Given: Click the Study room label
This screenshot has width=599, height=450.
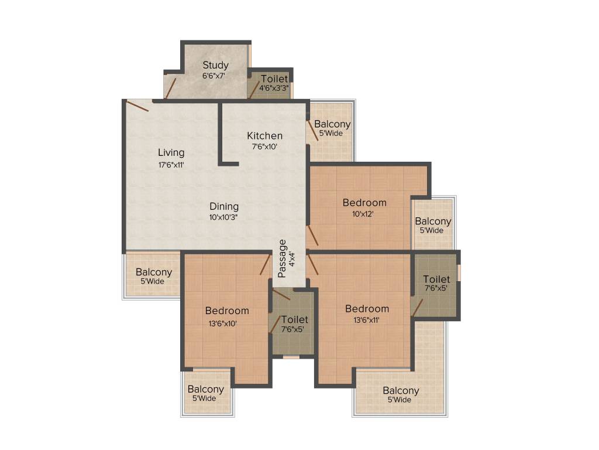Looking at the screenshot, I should click(x=215, y=65).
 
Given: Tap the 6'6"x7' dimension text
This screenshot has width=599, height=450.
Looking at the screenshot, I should click(x=214, y=75).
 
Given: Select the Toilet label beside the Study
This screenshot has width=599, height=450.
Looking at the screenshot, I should click(x=274, y=79).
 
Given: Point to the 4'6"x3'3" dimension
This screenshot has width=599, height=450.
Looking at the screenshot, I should click(x=274, y=88).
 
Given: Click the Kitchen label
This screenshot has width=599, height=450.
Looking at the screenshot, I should click(x=264, y=136).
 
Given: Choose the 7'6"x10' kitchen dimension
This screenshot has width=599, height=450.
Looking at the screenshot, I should click(x=265, y=146).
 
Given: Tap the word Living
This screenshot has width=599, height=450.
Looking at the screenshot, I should click(x=171, y=153).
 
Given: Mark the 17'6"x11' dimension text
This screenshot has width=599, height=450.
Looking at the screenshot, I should click(x=171, y=165).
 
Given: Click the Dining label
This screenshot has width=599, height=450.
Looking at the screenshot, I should click(x=224, y=206).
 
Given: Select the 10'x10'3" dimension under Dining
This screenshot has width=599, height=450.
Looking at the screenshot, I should click(x=224, y=216).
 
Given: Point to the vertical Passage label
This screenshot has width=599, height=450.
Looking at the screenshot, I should click(x=283, y=258).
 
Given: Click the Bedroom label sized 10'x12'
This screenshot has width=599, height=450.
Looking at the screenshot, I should click(x=364, y=203).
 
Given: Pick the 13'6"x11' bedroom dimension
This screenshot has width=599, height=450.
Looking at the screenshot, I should click(x=367, y=320).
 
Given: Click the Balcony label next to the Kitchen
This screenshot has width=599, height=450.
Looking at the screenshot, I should click(x=332, y=124).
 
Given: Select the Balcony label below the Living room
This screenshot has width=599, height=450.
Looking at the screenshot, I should click(x=154, y=272).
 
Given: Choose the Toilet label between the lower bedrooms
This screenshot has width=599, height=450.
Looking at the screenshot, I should click(x=294, y=319).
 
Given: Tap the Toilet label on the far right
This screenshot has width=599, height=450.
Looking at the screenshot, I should click(x=436, y=279).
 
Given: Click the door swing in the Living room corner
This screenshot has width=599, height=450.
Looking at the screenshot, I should click(x=137, y=106).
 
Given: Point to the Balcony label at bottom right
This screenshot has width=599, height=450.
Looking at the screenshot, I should click(x=401, y=391).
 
